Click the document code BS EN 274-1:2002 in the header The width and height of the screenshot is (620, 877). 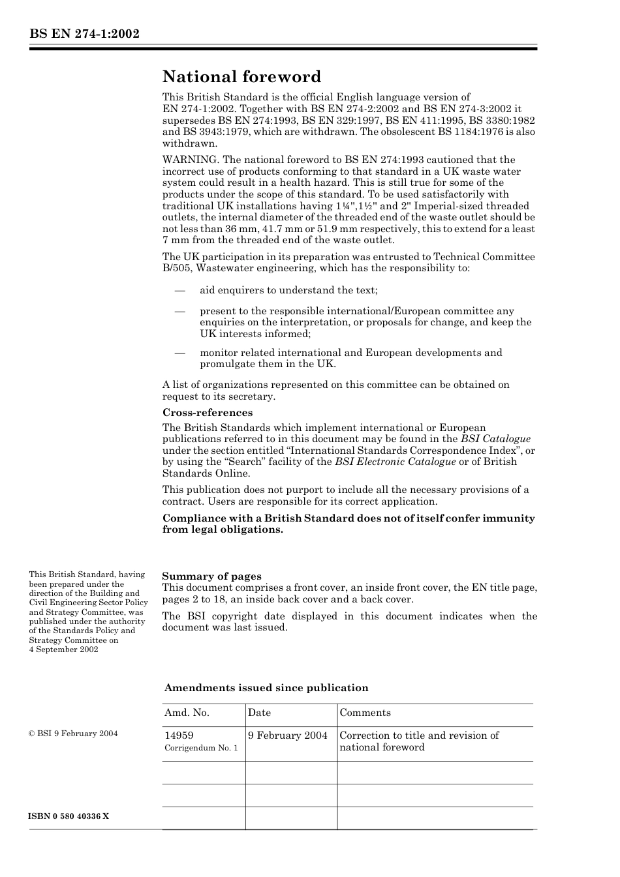[x=84, y=35]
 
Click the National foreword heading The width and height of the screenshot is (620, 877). [x=241, y=77]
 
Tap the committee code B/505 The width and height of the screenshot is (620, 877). [x=177, y=268]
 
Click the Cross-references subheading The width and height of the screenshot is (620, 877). [x=207, y=413]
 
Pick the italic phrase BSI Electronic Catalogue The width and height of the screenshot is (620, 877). [x=395, y=462]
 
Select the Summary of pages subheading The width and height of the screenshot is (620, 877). [x=211, y=576]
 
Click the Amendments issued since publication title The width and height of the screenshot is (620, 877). [x=266, y=688]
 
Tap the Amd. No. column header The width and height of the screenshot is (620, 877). [x=187, y=713]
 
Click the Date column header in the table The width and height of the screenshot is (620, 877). [x=259, y=713]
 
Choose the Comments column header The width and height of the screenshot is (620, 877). [x=365, y=713]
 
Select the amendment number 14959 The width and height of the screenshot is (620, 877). [x=179, y=736]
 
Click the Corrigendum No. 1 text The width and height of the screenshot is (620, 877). [x=201, y=748]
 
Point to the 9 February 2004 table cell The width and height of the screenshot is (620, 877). [x=287, y=736]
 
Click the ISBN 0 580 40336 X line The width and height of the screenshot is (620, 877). [x=69, y=816]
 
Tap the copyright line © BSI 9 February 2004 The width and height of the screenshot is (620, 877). [x=73, y=734]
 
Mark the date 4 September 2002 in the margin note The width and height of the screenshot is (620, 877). [x=63, y=649]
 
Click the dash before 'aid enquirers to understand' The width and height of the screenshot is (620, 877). [x=180, y=290]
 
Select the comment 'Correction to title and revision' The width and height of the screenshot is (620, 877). [x=419, y=736]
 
